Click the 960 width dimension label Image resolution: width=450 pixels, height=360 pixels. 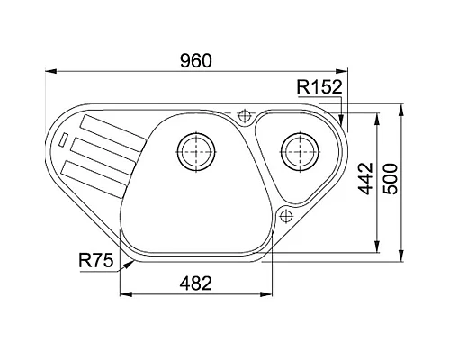pos(196,61)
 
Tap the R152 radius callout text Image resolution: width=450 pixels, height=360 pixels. pos(319,87)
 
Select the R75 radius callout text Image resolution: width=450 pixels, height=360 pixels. pos(96,260)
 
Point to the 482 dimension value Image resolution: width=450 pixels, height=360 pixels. pos(196,283)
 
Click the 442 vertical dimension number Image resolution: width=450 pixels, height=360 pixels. pos(365,178)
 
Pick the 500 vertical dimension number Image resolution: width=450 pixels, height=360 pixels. pos(391,179)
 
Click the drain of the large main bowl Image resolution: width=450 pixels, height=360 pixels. pos(196,152)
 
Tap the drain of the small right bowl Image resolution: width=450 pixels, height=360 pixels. pos(300,151)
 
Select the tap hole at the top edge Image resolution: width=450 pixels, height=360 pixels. pos(244,114)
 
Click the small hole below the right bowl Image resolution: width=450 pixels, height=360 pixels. pos(286,216)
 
